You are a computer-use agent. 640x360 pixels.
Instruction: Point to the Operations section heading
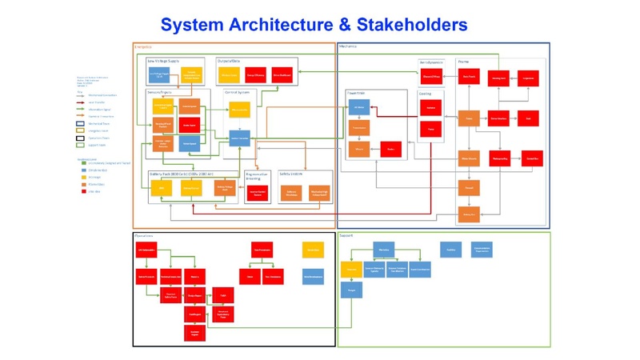pos(143,236)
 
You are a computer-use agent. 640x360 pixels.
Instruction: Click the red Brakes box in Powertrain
pos(390,149)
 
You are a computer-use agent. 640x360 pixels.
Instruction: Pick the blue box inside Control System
pos(241,138)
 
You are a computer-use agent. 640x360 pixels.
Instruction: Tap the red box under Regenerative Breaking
pos(257,193)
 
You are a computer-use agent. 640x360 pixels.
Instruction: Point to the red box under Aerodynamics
pos(431,77)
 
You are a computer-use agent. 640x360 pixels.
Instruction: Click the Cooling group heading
pos(426,93)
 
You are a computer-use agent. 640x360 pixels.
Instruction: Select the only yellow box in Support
pos(349,270)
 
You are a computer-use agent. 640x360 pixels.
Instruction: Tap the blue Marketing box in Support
pos(383,250)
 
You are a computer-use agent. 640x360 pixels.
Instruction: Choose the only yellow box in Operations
pos(313,250)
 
